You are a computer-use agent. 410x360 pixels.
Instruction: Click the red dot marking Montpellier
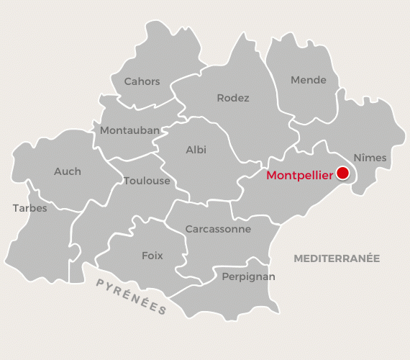pos(342,173)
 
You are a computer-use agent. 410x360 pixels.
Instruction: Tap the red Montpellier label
pos(299,175)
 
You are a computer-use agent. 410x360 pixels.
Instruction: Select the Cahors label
pos(142,81)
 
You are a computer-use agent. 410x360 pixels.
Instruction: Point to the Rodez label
pos(233,98)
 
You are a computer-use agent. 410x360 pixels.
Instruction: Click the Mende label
pos(308,80)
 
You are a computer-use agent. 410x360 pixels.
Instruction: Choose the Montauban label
pos(130,130)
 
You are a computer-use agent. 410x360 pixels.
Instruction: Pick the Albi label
pos(196,150)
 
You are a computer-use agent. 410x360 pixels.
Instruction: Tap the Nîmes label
pos(370,157)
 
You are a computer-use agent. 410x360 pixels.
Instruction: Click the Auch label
pos(68,171)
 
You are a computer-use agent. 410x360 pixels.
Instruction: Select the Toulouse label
pos(147,181)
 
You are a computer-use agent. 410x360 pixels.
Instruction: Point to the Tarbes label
pos(29,208)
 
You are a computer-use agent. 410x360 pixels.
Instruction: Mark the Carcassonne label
pos(218,229)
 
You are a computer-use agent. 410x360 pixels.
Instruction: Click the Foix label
pos(152,256)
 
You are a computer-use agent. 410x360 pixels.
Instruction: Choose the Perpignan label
pos(248,276)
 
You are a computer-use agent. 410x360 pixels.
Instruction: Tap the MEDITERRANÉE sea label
pos(337,258)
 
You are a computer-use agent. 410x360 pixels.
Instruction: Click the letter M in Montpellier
pos(271,175)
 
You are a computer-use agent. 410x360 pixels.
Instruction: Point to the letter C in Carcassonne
pos(188,229)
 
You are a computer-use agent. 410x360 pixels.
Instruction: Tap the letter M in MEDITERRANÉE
pos(297,258)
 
